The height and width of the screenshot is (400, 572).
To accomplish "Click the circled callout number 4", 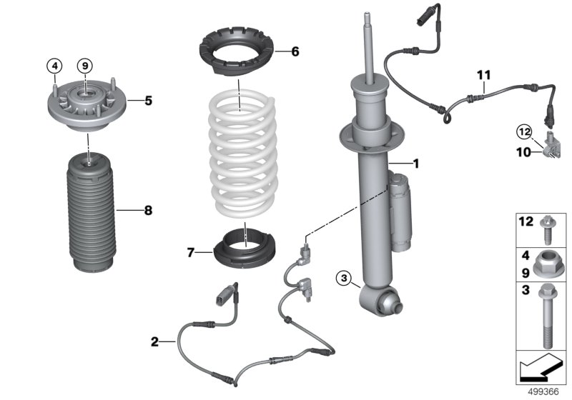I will [54, 66].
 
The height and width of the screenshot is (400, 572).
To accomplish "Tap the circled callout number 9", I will [85, 66].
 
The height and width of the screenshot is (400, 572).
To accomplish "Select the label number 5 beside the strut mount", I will [148, 101].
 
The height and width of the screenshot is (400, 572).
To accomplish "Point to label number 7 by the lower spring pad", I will [190, 253].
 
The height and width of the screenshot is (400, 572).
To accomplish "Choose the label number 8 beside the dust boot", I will [148, 211].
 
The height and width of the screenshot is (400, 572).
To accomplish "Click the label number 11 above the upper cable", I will [484, 74].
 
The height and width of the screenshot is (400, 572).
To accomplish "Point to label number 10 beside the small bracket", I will [523, 151].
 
